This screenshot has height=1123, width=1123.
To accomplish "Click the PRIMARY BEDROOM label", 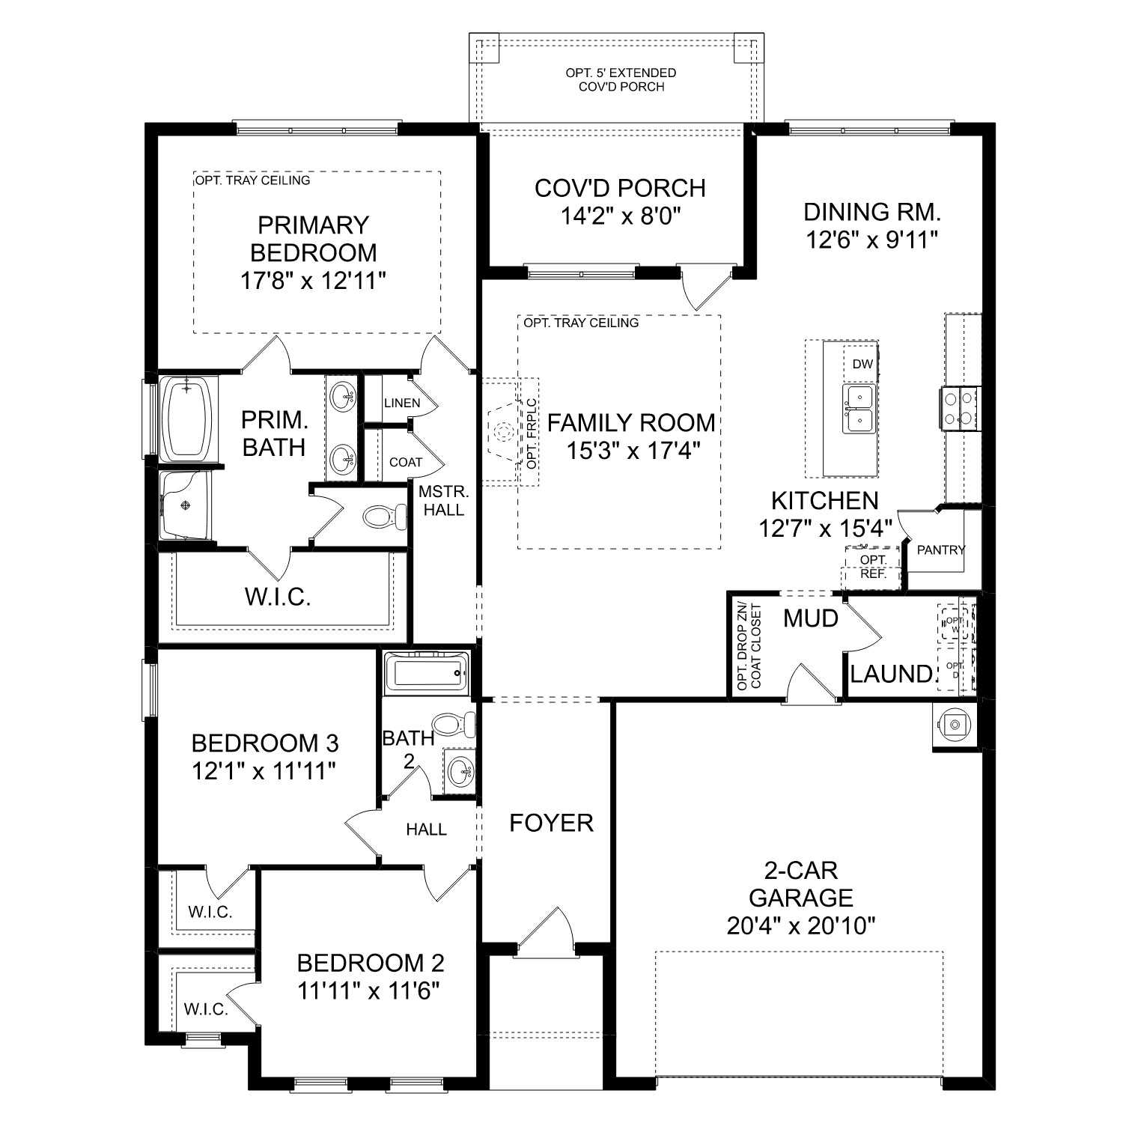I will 313,239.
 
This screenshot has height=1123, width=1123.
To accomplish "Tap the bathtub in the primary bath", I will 187,419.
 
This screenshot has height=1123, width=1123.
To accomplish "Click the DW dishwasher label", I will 862,365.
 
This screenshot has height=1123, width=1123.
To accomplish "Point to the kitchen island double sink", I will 860,408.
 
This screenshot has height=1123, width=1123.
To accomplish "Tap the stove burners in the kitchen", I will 958,408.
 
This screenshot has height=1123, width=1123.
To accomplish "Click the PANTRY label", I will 940,550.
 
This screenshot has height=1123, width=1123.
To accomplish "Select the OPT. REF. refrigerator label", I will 873,567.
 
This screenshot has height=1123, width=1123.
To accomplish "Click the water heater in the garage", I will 954,725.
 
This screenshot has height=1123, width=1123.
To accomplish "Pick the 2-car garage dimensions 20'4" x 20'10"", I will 801,926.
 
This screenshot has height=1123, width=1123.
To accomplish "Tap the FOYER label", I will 551,824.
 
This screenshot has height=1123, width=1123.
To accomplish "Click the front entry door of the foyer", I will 545,932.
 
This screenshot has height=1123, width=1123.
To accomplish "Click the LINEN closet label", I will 401,403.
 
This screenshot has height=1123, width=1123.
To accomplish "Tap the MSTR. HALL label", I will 443,501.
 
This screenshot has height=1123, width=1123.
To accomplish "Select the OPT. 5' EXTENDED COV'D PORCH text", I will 621,79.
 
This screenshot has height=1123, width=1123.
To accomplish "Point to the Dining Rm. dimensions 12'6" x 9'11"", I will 872,240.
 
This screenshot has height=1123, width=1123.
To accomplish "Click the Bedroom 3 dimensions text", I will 264,771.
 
